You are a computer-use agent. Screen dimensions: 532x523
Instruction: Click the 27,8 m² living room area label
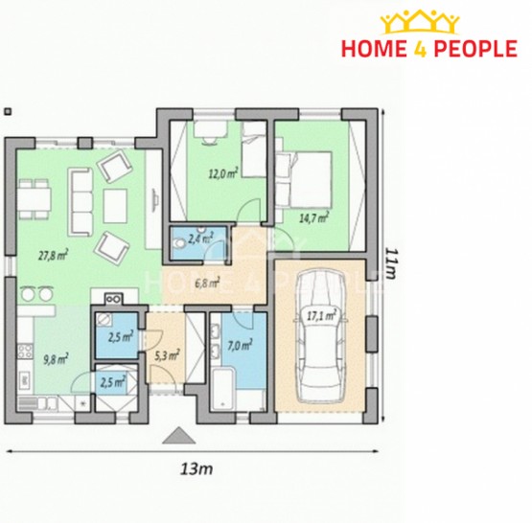(54, 255)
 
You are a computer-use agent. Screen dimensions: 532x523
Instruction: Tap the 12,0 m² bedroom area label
(223, 174)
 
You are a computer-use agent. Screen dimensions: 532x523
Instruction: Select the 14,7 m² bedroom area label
(313, 217)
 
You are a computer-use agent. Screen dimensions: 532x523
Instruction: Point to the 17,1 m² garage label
(321, 316)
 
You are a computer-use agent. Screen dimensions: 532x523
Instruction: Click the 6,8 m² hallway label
(207, 283)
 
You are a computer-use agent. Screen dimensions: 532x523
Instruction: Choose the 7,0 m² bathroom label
(240, 346)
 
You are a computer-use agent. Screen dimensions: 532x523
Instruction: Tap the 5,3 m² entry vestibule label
(167, 355)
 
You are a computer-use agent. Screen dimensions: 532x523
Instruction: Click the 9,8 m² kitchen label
(56, 359)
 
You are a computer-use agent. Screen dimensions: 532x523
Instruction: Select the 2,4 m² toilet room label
(200, 239)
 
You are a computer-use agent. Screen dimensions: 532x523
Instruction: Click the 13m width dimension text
(197, 469)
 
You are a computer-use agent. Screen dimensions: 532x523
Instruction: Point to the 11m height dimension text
(390, 263)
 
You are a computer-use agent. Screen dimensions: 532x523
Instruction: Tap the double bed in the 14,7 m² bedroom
(304, 179)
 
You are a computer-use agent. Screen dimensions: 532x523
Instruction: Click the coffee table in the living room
(115, 206)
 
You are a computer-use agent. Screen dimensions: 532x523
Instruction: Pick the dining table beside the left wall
(34, 199)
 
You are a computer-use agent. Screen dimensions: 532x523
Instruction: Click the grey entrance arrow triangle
(179, 436)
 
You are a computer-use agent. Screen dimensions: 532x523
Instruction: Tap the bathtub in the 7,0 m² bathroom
(223, 390)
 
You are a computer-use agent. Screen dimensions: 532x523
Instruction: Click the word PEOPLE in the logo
(475, 49)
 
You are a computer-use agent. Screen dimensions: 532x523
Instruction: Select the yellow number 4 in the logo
(420, 49)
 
